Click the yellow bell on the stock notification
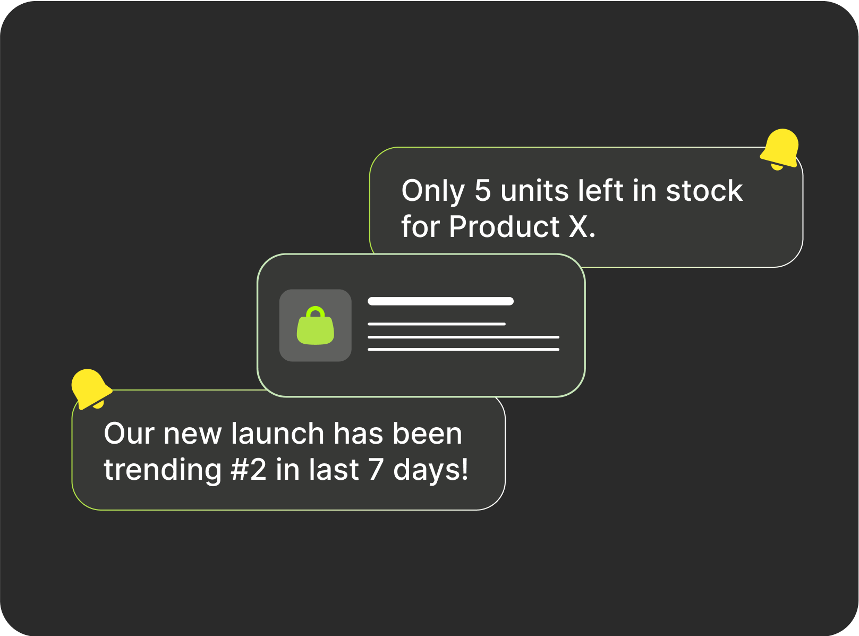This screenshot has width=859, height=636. tap(780, 149)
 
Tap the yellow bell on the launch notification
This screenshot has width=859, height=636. tap(91, 388)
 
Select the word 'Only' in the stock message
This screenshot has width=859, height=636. tap(432, 191)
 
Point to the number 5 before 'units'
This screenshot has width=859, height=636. tap(482, 190)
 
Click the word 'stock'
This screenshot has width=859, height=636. tap(704, 190)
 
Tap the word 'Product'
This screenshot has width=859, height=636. tap(504, 226)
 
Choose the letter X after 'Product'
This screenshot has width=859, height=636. tap(578, 226)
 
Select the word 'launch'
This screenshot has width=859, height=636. tap(277, 433)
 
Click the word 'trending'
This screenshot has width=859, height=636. tap(163, 470)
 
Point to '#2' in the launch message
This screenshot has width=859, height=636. tap(248, 470)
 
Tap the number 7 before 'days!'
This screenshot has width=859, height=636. tap(375, 470)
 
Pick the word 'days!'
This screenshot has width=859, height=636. tap(430, 470)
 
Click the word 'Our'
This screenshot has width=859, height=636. tap(129, 433)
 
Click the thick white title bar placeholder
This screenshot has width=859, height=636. tap(440, 301)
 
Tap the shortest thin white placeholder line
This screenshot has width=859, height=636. tap(437, 324)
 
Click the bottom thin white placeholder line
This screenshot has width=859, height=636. tap(463, 350)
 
